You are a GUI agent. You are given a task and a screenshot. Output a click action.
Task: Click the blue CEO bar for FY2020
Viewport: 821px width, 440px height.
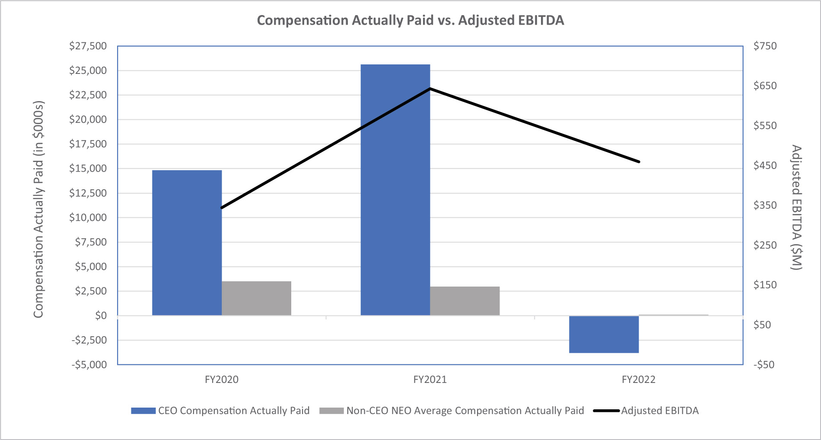click(187, 242)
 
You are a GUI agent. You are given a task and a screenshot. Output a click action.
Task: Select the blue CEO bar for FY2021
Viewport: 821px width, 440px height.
click(395, 190)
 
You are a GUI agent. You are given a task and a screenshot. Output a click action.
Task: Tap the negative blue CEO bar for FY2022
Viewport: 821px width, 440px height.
click(604, 334)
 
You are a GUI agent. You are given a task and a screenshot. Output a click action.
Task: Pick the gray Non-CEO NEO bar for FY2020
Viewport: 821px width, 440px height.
click(256, 298)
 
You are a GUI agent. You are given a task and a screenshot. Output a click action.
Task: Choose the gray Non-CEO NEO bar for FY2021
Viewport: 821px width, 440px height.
click(465, 301)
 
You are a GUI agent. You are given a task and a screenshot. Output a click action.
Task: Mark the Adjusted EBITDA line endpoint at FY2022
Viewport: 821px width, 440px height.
click(639, 162)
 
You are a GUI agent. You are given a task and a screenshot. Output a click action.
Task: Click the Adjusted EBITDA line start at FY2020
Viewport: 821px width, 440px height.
click(222, 208)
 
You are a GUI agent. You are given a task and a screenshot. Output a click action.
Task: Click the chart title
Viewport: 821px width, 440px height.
click(410, 20)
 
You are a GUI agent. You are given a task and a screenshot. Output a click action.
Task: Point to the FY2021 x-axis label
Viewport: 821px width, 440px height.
click(430, 379)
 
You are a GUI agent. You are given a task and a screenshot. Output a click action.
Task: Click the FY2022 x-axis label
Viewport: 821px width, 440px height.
click(638, 379)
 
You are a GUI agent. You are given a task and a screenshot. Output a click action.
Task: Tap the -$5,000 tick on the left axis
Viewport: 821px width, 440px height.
click(89, 364)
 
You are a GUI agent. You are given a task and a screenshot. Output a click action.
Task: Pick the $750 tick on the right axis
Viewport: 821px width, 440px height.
click(765, 46)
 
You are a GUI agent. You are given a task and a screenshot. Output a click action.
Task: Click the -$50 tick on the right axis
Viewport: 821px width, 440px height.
click(764, 364)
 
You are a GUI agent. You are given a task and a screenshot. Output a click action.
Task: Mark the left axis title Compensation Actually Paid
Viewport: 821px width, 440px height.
click(39, 210)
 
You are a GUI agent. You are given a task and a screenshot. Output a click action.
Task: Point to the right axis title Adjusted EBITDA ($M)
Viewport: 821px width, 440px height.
click(796, 207)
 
